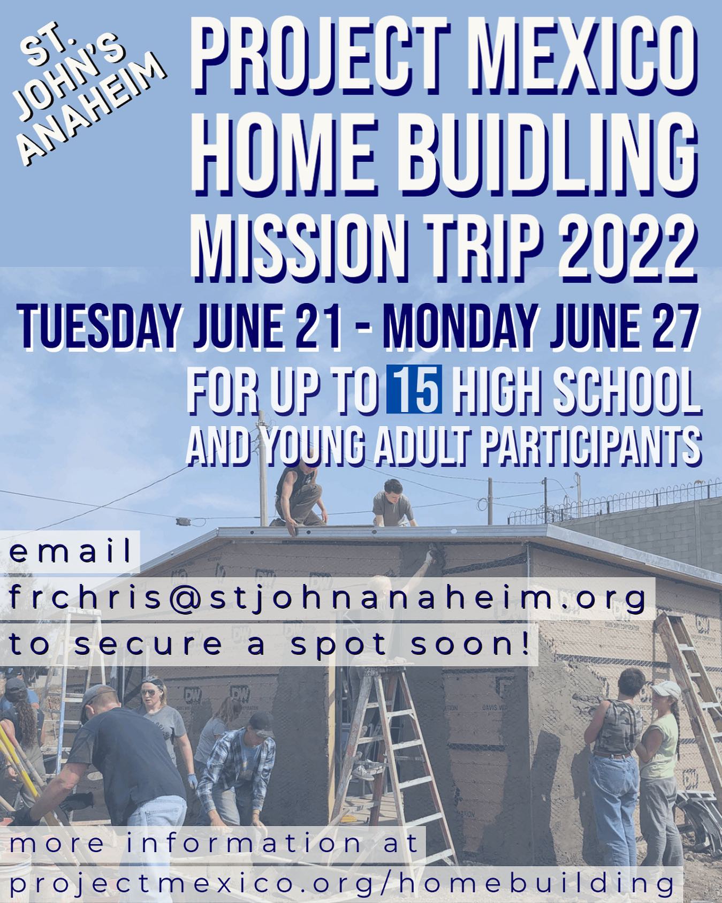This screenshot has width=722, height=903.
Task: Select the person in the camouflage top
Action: [x=615, y=749]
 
